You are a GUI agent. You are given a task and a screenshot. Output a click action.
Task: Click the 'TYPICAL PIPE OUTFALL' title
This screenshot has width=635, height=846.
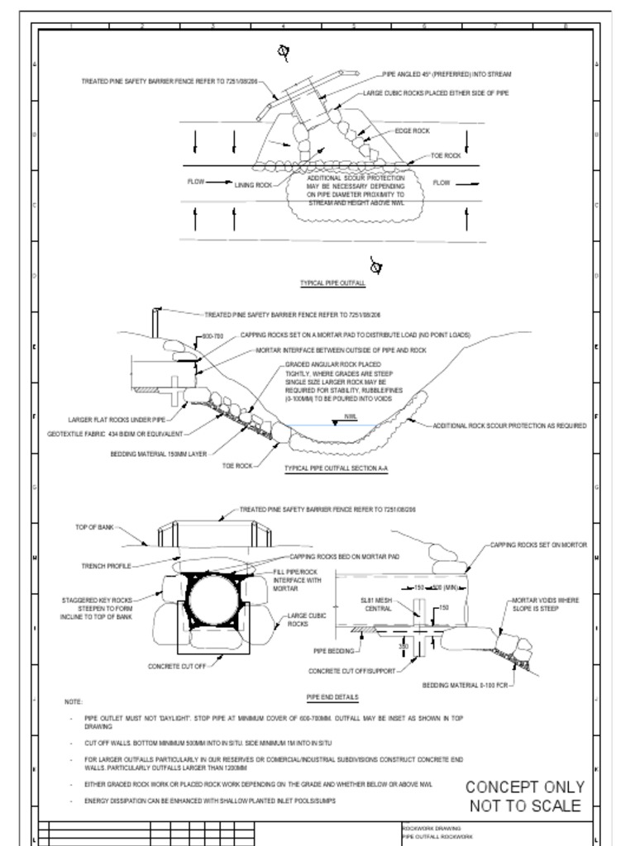[332, 283]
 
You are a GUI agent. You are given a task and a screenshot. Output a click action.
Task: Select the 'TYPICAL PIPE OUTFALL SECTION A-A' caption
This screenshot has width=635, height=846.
[337, 468]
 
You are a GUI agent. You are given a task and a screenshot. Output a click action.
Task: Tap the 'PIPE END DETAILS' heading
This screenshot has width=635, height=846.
[332, 696]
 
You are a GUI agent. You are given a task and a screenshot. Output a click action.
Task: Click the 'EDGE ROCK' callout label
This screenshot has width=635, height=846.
[412, 131]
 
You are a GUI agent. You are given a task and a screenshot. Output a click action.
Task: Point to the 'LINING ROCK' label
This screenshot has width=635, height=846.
[253, 185]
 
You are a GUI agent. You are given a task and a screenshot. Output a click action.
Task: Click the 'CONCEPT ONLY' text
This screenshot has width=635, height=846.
[525, 787]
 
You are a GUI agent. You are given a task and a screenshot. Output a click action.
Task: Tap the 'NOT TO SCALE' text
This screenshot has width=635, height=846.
[525, 806]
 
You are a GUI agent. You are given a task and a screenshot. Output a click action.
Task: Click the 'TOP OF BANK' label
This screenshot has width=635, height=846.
[94, 526]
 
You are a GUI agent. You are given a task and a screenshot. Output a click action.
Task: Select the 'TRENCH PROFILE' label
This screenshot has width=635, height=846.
[106, 566]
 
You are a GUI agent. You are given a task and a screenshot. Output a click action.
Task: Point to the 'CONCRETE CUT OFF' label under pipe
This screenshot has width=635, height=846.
[177, 666]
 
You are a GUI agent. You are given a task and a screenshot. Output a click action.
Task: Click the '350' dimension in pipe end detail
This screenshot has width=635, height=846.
[403, 644]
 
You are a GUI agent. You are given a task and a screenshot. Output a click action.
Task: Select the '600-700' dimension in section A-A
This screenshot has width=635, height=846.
[213, 336]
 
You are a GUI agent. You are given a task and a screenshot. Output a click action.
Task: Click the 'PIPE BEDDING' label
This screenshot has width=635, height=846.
[332, 651]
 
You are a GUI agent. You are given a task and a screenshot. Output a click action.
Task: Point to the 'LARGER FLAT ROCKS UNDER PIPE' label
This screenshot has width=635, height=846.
[117, 420]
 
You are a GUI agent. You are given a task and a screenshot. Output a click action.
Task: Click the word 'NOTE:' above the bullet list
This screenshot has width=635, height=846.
[73, 702]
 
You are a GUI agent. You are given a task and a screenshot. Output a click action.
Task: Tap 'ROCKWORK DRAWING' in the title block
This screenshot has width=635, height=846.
[432, 828]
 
